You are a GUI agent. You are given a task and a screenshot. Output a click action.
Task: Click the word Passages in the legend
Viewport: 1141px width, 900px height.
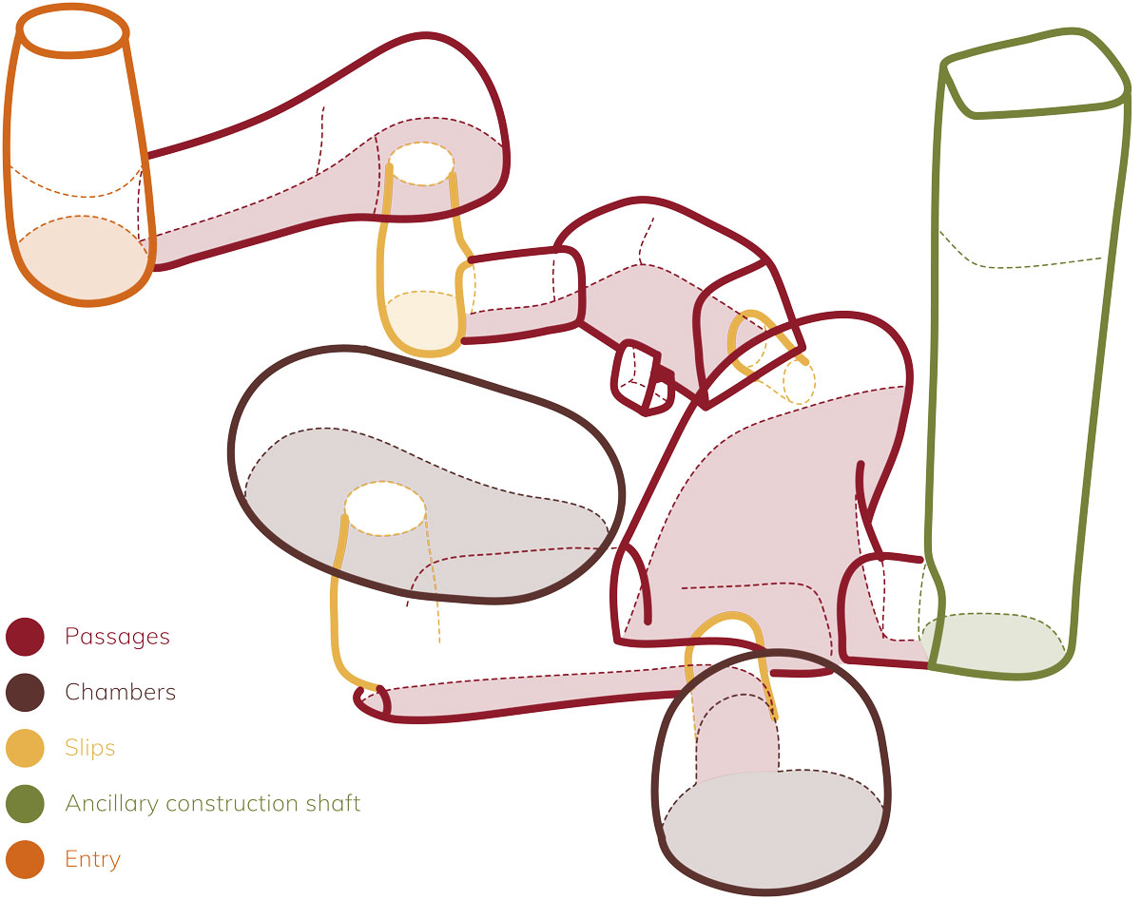click(117, 637)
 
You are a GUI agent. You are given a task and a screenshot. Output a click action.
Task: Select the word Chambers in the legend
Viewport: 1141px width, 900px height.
click(120, 692)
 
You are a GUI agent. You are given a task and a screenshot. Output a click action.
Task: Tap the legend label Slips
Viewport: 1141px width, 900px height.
click(89, 748)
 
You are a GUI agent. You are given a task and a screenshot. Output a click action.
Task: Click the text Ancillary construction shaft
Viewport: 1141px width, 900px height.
click(212, 804)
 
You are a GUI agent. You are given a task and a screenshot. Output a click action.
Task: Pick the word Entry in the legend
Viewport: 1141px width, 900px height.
click(92, 860)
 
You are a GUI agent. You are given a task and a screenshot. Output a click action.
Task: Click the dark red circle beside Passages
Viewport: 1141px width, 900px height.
click(26, 637)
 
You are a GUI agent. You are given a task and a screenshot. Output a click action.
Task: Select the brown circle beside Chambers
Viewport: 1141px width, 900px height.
click(26, 693)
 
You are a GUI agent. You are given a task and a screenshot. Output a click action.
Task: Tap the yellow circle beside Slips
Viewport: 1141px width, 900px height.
click(26, 748)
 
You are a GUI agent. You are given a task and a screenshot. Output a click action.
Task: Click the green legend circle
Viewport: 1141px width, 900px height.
click(26, 804)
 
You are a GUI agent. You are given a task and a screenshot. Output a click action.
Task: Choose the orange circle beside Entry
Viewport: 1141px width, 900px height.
click(26, 860)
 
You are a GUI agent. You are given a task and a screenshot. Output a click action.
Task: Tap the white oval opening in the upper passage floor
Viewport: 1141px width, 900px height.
click(421, 163)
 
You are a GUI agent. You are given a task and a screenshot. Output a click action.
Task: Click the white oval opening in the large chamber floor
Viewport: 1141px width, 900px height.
click(384, 508)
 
